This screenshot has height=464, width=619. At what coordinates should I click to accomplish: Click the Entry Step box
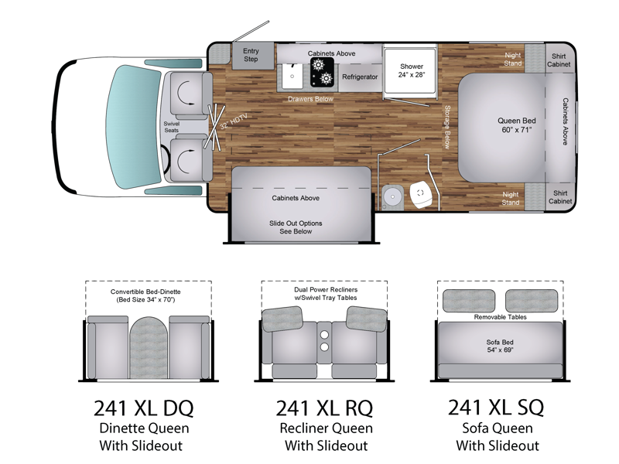click(x=253, y=56)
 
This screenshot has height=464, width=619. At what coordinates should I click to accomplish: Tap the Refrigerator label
click(x=360, y=77)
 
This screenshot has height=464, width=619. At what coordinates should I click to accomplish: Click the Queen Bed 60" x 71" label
click(x=516, y=125)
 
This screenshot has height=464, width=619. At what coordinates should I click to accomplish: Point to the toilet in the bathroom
click(x=420, y=194)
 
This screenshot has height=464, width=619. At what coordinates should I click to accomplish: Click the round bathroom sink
click(x=392, y=196)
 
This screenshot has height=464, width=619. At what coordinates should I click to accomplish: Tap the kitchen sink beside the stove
click(x=292, y=76)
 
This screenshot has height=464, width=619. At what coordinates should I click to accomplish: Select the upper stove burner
click(x=318, y=64)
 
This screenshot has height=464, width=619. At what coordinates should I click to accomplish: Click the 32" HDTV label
click(x=234, y=121)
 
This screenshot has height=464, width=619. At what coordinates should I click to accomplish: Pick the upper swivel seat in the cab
click(x=188, y=95)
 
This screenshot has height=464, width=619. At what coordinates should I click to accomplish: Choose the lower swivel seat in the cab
click(x=189, y=159)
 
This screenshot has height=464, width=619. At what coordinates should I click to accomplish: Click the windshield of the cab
click(x=133, y=127)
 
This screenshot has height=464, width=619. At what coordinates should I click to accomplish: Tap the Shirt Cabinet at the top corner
click(x=559, y=60)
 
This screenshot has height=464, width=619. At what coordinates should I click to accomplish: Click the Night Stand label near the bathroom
click(x=510, y=199)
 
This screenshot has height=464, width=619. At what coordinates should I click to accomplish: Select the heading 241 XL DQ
click(x=144, y=408)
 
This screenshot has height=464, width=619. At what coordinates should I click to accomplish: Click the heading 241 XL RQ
click(x=324, y=408)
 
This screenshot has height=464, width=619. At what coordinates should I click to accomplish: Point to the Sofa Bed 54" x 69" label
click(x=500, y=346)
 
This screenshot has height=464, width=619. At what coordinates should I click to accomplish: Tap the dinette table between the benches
click(x=149, y=347)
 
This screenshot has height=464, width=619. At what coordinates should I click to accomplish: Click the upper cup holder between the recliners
click(x=324, y=335)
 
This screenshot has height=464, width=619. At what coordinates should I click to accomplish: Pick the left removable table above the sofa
click(x=469, y=301)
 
